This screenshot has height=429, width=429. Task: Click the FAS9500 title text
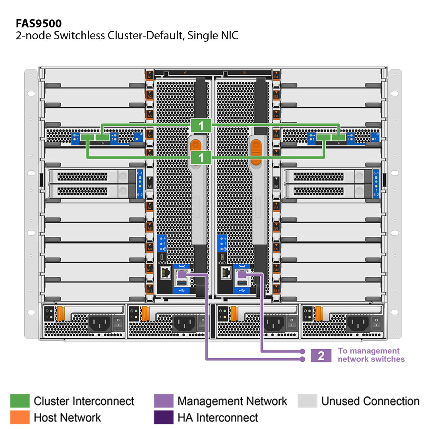pyautogui.click(x=39, y=23)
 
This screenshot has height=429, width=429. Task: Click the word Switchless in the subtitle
pyautogui.click(x=80, y=35)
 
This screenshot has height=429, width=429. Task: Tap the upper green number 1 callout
pyautogui.click(x=201, y=126)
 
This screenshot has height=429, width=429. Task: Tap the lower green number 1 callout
pyautogui.click(x=201, y=158)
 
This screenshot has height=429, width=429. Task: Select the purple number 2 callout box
pyautogui.click(x=321, y=356)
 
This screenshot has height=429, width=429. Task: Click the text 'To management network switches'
pyautogui.click(x=371, y=355)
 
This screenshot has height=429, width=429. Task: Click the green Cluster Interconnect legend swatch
pyautogui.click(x=20, y=401)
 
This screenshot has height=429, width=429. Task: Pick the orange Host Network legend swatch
pyautogui.click(x=20, y=417)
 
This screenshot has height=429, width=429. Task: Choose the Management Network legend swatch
pyautogui.click(x=164, y=401)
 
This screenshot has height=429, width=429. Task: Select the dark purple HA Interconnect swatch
pyautogui.click(x=164, y=417)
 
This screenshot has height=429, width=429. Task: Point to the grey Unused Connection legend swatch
pyautogui.click(x=307, y=401)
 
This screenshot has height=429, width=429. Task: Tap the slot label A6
pyautogui.click(x=150, y=186)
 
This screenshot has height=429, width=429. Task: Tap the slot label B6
pyautogui.click(x=276, y=186)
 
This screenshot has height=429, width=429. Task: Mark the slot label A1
pyautogui.click(x=150, y=75)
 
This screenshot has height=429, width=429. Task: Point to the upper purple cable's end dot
pyautogui.click(x=303, y=352)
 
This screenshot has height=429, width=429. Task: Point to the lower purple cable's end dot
pyautogui.click(x=303, y=359)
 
